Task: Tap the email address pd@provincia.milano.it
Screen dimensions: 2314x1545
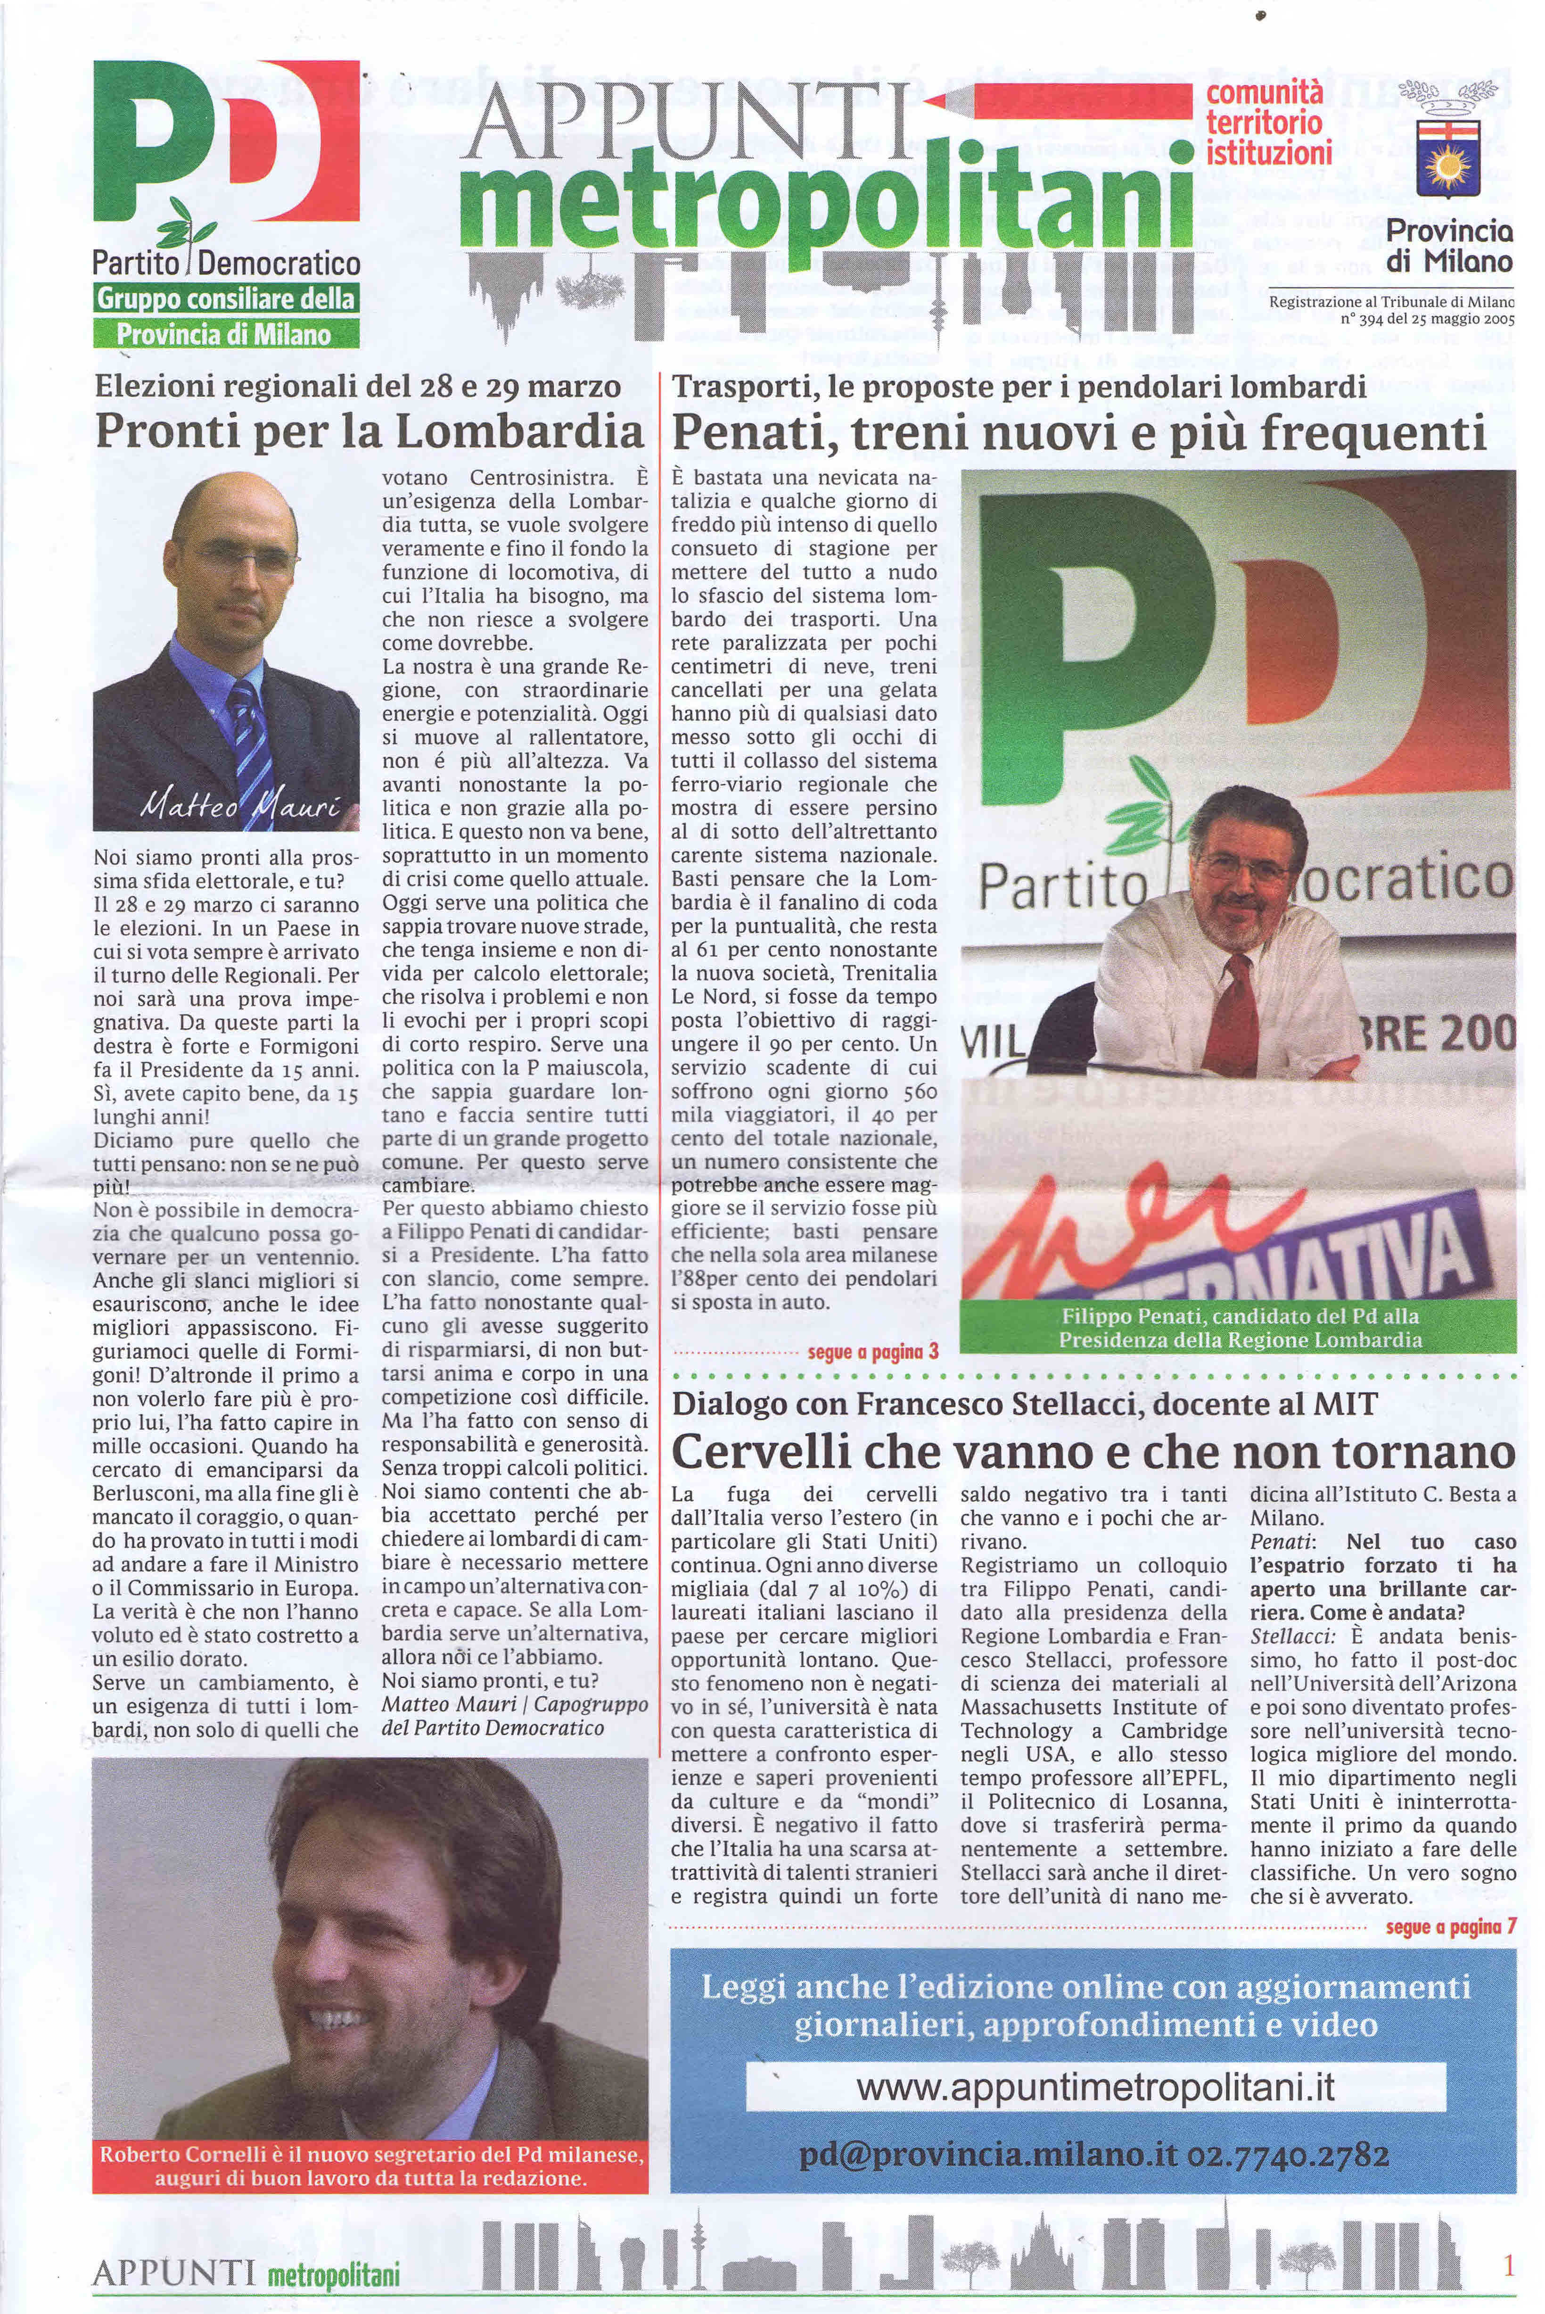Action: click(x=988, y=2155)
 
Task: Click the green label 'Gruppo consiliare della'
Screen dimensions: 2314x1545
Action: click(x=226, y=298)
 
